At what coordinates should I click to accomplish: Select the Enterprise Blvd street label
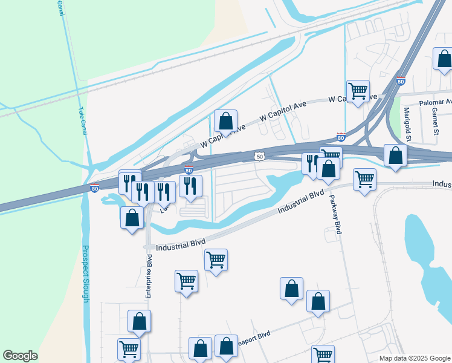click(148, 276)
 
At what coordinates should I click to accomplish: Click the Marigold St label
click(407, 123)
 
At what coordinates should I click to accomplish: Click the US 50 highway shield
click(259, 157)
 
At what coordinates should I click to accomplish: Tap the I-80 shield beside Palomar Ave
click(401, 81)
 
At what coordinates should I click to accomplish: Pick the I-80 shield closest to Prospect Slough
click(94, 188)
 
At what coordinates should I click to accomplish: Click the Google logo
click(20, 356)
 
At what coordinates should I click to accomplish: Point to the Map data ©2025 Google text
click(415, 358)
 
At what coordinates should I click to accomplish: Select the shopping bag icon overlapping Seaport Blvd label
click(226, 347)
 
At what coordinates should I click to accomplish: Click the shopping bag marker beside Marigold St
click(395, 155)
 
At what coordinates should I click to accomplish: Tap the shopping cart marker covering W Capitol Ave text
click(358, 91)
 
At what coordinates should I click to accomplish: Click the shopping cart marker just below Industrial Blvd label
click(216, 260)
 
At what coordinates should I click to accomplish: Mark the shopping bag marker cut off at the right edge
click(444, 59)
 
